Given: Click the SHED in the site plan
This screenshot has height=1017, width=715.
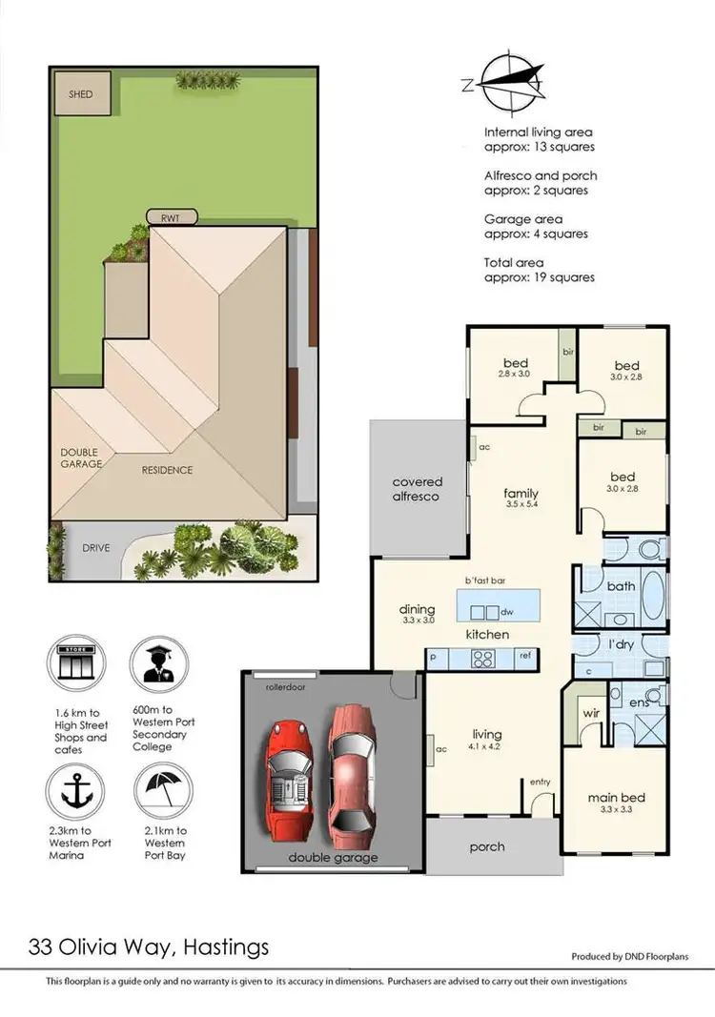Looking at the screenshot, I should [x=83, y=93].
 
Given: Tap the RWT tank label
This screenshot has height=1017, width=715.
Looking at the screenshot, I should [x=172, y=216].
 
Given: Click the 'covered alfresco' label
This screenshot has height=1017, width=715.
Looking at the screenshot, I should [x=417, y=489].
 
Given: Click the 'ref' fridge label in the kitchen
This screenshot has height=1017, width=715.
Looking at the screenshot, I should [x=524, y=657].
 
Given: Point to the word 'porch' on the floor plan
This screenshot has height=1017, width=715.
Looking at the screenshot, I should [x=487, y=846].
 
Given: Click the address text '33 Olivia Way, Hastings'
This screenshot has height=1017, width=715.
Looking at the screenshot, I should [x=149, y=946].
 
